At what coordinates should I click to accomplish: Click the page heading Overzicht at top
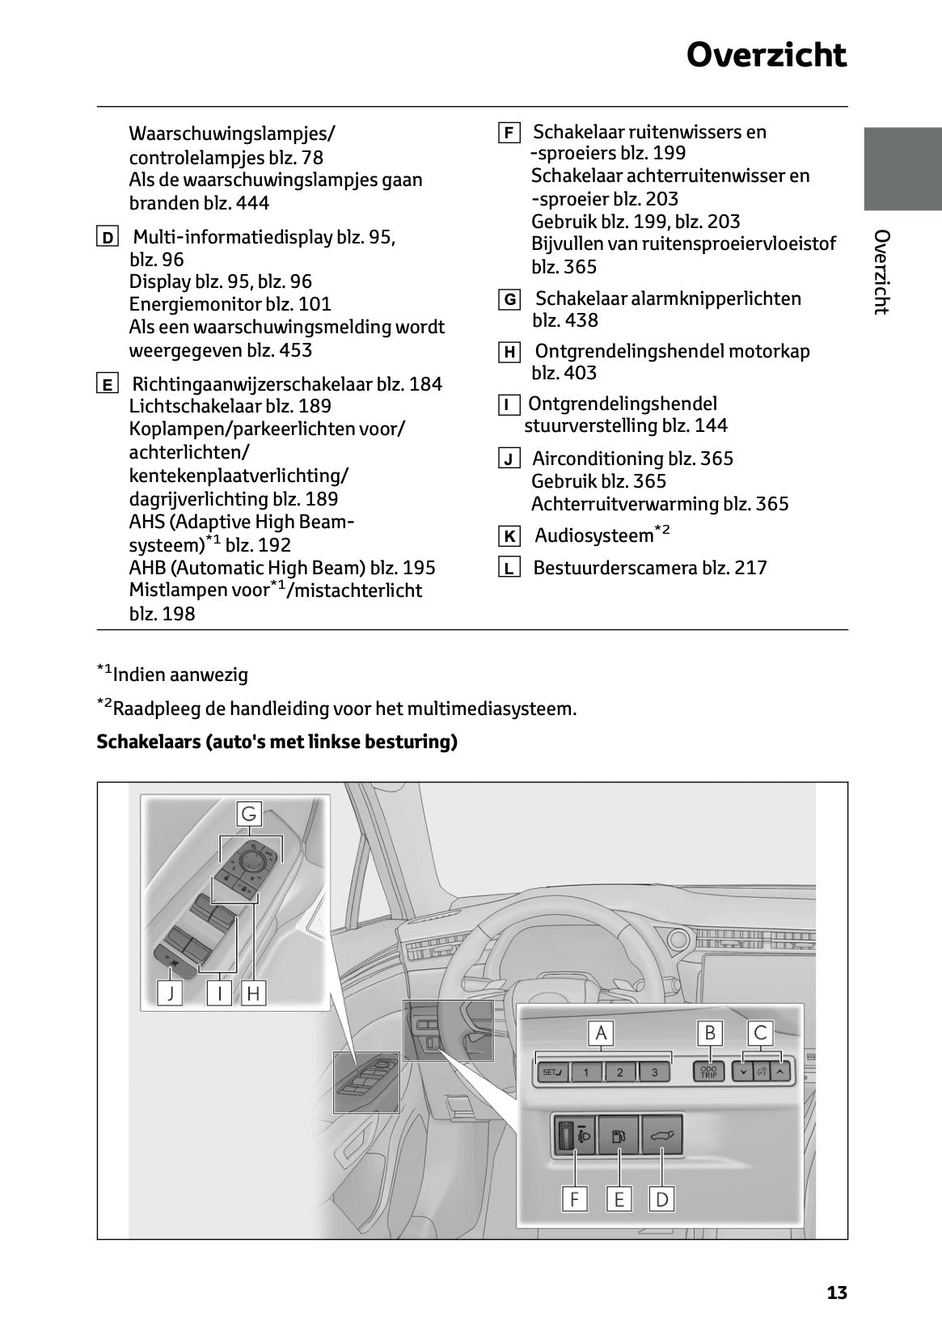pos(766,55)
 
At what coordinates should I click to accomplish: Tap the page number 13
pos(837,1293)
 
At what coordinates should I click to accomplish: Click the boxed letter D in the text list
pos(108,238)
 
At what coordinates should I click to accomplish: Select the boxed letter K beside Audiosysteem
pos(509,536)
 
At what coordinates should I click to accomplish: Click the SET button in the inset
pos(553,1073)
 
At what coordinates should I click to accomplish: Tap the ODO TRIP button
pos(709,1073)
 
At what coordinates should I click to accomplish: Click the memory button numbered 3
pos(654,1073)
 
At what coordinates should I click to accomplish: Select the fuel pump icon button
pos(618,1135)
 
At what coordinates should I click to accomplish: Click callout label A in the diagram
pos(601,1033)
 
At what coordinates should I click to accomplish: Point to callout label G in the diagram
pos(249,814)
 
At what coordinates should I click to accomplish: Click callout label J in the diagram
pos(171,993)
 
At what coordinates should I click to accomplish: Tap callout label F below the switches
pos(574,1199)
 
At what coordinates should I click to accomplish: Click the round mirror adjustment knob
pos(252,859)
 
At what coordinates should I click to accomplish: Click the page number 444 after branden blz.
pos(253,203)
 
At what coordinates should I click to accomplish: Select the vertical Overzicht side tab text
pos(882,272)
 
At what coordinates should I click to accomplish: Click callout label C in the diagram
pos(760,1033)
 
